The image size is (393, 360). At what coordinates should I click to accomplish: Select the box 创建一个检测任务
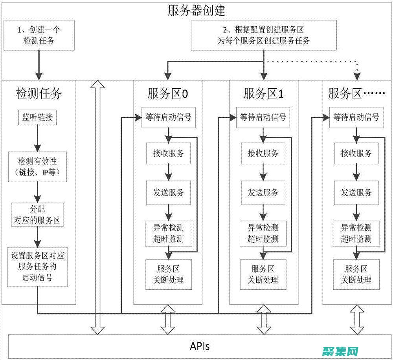pyautogui.click(x=39, y=35)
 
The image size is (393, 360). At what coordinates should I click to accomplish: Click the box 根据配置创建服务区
pyautogui.click(x=264, y=35)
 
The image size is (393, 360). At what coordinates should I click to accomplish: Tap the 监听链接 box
pyautogui.click(x=38, y=117)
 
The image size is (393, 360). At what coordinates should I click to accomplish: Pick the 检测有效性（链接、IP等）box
pyautogui.click(x=38, y=167)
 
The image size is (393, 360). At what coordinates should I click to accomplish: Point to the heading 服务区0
pyautogui.click(x=168, y=93)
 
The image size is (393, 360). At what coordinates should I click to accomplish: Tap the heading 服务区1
pyautogui.click(x=264, y=93)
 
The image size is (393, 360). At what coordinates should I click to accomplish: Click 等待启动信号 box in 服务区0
pyautogui.click(x=168, y=117)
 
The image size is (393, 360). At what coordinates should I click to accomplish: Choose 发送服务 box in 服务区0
pyautogui.click(x=168, y=192)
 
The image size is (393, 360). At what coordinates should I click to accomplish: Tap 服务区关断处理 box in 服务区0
pyautogui.click(x=168, y=274)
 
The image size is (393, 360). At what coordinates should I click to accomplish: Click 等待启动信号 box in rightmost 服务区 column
pyautogui.click(x=356, y=117)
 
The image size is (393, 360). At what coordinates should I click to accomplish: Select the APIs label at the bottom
pyautogui.click(x=200, y=346)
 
